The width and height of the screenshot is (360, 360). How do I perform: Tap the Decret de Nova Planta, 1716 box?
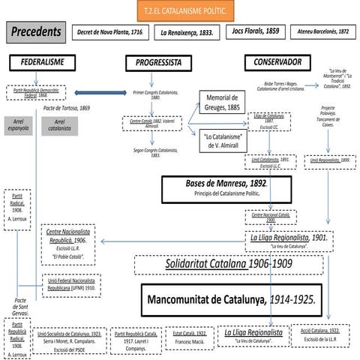(110, 33)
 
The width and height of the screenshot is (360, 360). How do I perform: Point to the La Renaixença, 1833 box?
(187, 33)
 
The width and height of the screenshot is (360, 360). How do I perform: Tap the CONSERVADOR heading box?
(278, 62)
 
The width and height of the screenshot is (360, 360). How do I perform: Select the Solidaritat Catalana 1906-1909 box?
(229, 265)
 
